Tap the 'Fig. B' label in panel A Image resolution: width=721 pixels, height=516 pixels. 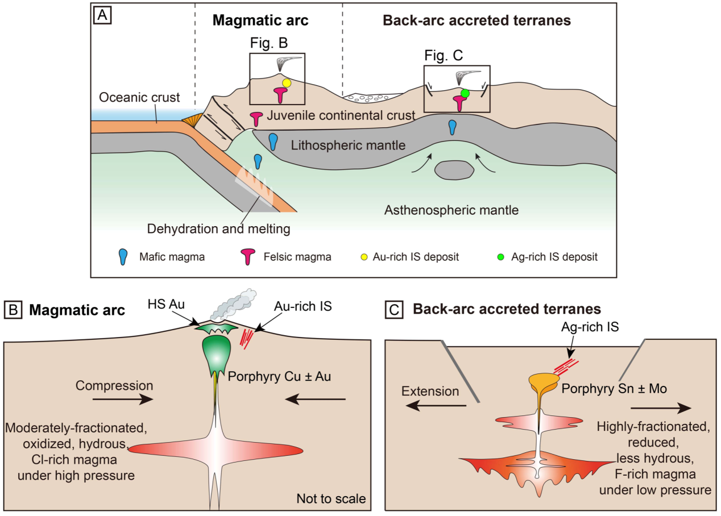[269, 43]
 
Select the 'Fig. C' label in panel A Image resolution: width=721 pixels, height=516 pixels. [444, 55]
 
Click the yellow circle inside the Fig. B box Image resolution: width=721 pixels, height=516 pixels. [287, 83]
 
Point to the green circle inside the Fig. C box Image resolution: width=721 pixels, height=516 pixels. [465, 93]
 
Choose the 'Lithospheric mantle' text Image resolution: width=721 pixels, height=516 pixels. [348, 145]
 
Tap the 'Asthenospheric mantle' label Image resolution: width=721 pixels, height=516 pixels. [451, 210]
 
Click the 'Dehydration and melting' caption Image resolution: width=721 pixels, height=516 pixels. [219, 230]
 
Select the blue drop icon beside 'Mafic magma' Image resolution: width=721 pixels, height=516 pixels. [123, 257]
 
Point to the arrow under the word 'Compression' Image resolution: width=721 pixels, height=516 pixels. [122, 400]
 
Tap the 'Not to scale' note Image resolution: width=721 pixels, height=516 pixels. [331, 499]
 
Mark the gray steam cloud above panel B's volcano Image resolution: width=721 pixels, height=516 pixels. [233, 304]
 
